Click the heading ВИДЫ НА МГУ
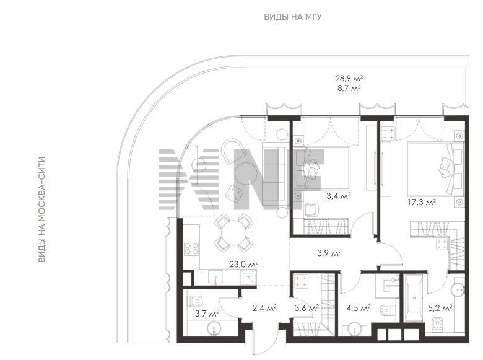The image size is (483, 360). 293,17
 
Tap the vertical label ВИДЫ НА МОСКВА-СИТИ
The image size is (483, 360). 41,209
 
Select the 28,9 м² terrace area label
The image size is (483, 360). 349,78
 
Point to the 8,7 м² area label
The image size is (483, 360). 349,89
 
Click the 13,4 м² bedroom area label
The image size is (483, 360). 336,196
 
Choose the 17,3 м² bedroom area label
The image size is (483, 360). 422,203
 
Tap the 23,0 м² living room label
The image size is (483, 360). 243,264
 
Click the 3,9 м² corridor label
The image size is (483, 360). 329,253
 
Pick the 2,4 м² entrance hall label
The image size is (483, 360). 264,307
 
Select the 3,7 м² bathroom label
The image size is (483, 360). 207,314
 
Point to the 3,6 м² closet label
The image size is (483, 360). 307,307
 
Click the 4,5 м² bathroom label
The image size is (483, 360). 359,307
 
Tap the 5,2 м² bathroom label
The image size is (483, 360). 440,307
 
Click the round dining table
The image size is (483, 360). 234,233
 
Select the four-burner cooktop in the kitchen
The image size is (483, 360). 191,248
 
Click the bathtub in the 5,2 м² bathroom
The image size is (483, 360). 414,299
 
